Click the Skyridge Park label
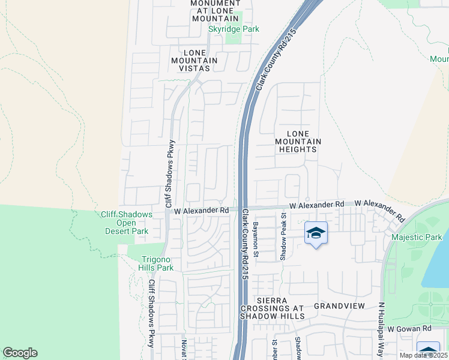coord(234,29)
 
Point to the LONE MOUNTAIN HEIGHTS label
coord(298,142)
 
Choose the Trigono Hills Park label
coord(157,263)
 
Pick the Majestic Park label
coord(416,238)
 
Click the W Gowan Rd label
coord(409,329)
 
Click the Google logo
coord(20,353)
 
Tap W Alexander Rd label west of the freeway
coord(202,211)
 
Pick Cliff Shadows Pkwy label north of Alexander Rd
coord(170,173)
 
